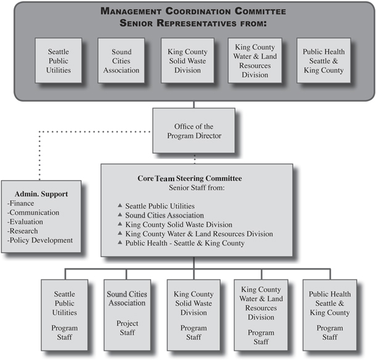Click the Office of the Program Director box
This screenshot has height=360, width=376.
[194, 131]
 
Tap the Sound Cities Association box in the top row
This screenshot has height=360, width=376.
[121, 60]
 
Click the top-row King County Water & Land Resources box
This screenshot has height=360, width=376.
[255, 60]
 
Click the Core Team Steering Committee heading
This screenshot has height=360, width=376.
[189, 179]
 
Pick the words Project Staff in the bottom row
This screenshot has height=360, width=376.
[127, 328]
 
